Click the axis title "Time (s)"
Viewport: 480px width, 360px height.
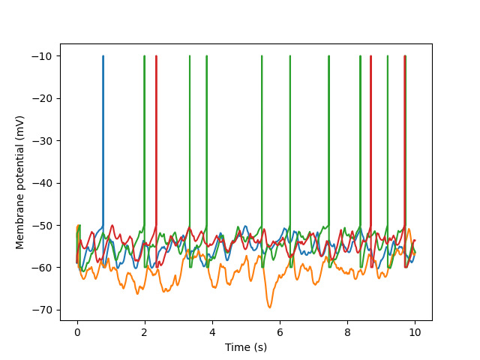[x=246, y=346]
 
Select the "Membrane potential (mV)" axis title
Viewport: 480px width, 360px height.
[x=20, y=182]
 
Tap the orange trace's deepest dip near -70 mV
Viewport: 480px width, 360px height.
[x=269, y=307]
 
